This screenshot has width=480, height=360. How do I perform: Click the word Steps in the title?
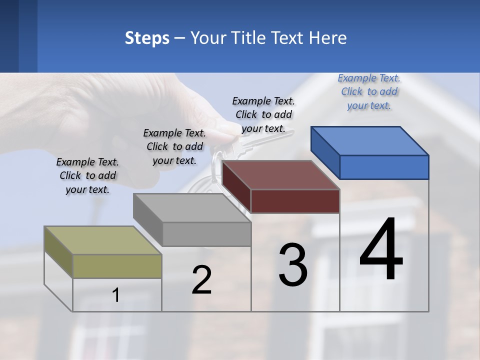pos(147,38)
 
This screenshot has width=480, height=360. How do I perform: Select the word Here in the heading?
pos(328,38)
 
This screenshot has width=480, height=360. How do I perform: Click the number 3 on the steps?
pos(293,265)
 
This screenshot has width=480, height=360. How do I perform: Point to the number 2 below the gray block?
pos(201,280)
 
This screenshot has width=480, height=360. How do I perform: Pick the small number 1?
pos(115,295)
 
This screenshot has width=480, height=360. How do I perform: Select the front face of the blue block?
pos(384,167)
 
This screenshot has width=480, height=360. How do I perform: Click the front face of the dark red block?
pos(295,201)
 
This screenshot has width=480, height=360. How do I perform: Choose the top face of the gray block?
pos(192,208)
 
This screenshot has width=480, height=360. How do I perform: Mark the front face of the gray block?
pos(206,234)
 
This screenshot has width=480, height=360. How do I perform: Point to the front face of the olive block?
pos(117,266)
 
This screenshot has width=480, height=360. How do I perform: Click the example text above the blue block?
pos(369,91)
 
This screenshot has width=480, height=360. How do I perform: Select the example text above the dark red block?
pos(263,114)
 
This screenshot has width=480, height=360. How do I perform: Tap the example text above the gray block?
pos(174,146)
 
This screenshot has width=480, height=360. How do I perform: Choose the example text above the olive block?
pos(87,175)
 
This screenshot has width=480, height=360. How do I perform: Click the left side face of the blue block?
pos(325,152)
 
